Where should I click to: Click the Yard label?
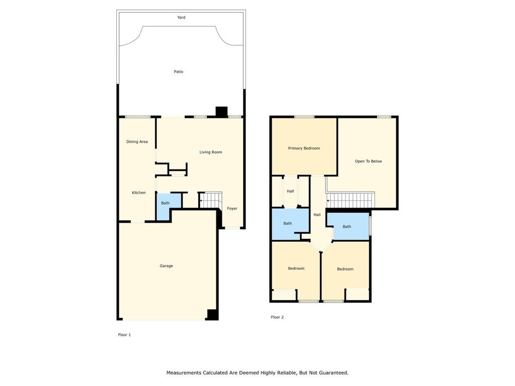coord(181,18)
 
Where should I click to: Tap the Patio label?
coord(179,71)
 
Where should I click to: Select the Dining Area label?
coord(137,142)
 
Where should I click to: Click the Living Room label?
coord(211,152)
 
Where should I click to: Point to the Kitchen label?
coord(139,192)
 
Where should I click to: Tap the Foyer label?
coord(232,209)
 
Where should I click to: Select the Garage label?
coord(166,266)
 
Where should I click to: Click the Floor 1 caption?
coord(125,335)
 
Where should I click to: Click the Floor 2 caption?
coord(277,317)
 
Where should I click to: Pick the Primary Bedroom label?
coord(304,148)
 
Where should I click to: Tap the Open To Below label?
coord(368,161)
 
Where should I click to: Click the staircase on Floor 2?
coord(351,200)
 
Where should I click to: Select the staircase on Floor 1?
coord(211,200)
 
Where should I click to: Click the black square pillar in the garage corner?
coord(212,315)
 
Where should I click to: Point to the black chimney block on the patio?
coord(221,112)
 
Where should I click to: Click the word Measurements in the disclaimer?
coord(184,372)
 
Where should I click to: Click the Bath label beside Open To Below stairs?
coord(347,227)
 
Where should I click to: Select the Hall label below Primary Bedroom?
coord(290,191)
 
